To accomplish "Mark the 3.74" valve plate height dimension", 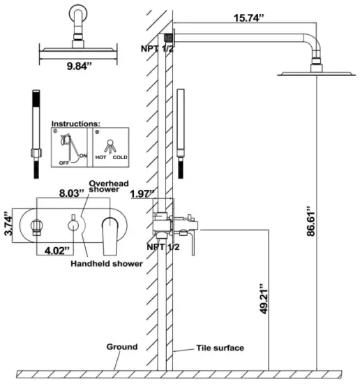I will pyautogui.click(x=8, y=219).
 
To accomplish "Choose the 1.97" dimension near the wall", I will pyautogui.click(x=142, y=194).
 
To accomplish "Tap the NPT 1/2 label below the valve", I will pyautogui.click(x=161, y=246).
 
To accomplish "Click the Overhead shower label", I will pyautogui.click(x=105, y=185).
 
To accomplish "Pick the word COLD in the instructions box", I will pyautogui.click(x=121, y=158).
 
